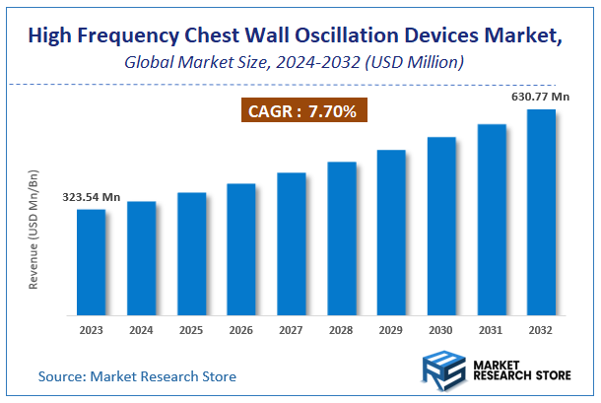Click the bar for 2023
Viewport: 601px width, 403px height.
(91, 261)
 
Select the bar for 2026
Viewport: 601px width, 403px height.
(241, 248)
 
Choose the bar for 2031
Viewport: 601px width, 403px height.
(492, 219)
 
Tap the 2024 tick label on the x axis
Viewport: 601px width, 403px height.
(141, 330)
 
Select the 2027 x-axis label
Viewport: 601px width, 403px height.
(292, 330)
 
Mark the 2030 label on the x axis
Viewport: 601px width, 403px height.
(441, 330)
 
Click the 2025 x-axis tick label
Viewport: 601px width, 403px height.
(191, 330)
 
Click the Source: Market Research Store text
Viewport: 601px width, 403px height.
(137, 376)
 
